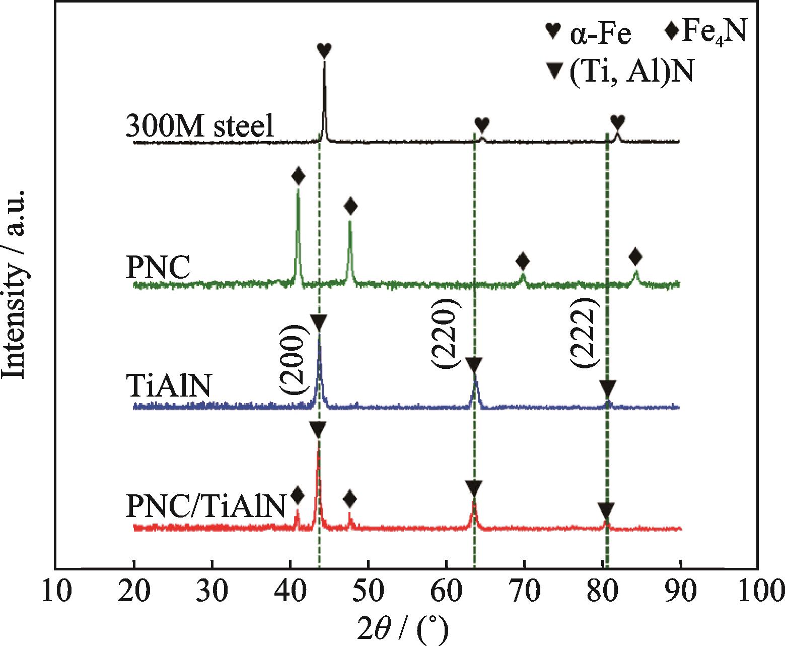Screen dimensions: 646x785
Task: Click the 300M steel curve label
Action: (x=200, y=126)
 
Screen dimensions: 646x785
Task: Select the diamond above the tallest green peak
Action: (x=298, y=176)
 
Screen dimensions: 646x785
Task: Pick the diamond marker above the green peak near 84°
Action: (x=635, y=257)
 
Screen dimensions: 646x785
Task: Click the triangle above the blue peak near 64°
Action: (x=474, y=364)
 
